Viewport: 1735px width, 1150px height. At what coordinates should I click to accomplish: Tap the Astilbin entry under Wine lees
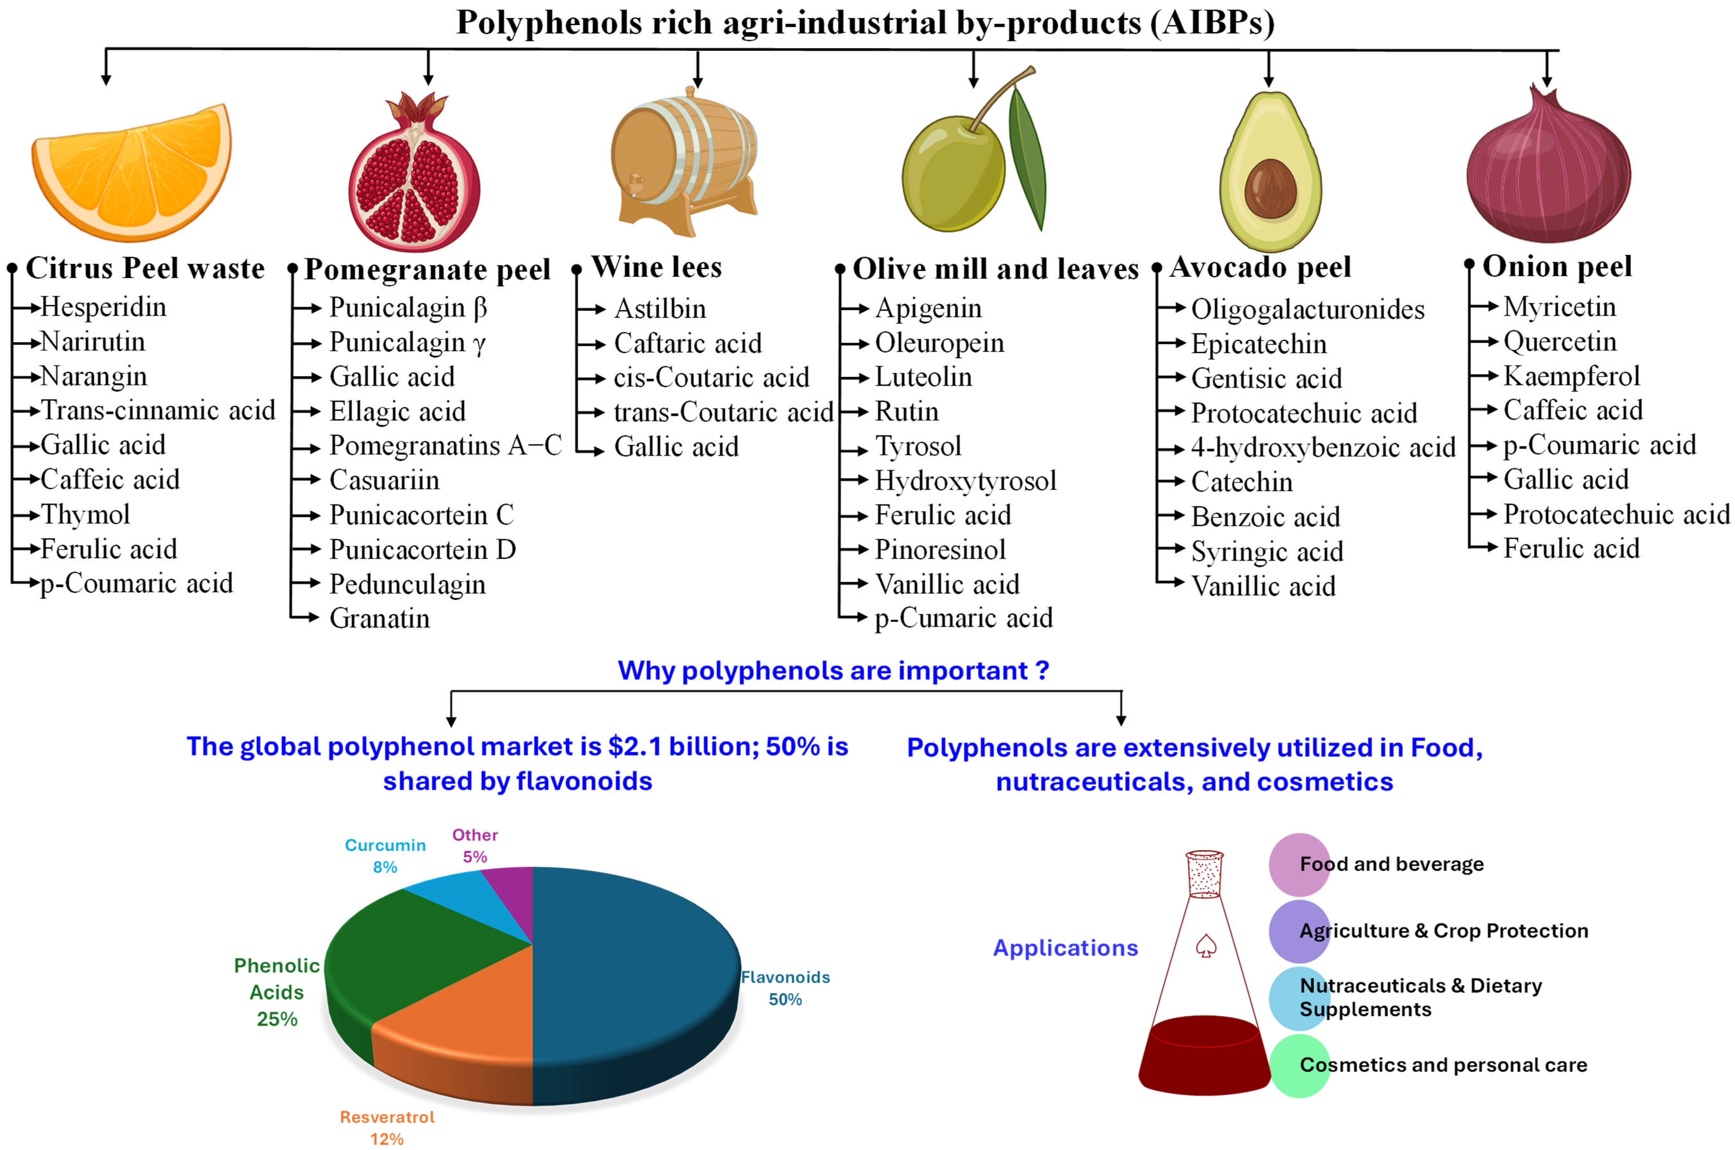coord(660,309)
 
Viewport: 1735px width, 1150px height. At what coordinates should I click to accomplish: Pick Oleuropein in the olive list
coord(939,343)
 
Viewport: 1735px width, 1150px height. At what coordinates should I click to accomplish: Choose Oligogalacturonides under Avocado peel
coord(1307,309)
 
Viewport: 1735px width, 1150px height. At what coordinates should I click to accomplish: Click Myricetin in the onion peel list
coord(1559,307)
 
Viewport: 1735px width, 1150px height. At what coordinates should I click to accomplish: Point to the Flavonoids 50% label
coord(785,987)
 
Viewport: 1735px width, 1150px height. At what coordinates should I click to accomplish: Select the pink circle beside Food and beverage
coord(1299,864)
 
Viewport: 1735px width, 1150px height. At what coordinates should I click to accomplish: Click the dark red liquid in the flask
coord(1203,1056)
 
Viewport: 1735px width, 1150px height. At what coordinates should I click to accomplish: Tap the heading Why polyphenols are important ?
coord(833,670)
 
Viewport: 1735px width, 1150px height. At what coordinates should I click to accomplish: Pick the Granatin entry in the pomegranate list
coord(379,618)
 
